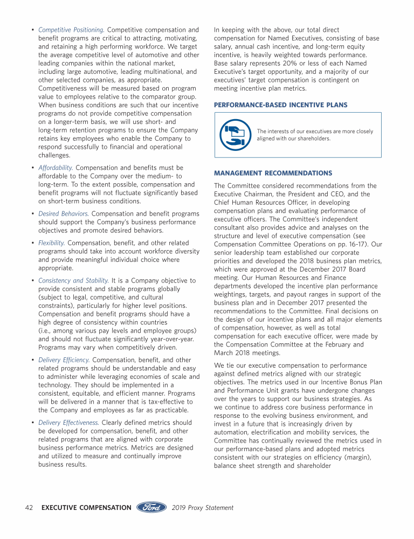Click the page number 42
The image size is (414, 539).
pos(30,508)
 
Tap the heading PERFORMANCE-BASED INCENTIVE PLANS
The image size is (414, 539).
pos(280,105)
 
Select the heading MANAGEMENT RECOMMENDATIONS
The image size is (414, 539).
pos(273,173)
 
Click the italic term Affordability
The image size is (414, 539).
pos(56,168)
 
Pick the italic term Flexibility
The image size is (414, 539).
pos(52,243)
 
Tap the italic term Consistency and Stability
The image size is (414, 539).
pos(73,280)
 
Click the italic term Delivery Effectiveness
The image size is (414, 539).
pos(69,423)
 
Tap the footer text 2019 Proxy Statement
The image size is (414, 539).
pos(203,508)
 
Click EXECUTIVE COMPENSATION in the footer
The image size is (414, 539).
pos(86,508)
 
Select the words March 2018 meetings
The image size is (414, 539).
pos(247,353)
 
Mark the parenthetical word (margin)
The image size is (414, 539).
pos(364,457)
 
